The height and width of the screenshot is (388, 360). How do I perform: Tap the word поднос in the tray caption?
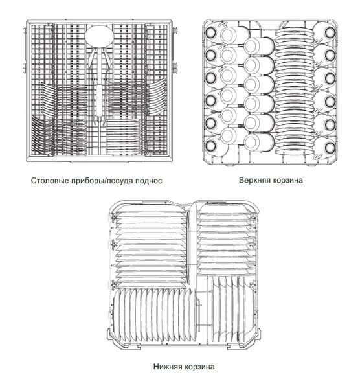point(149,181)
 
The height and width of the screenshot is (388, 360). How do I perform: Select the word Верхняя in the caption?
point(253,180)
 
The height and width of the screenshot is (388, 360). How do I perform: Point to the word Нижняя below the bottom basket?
point(167,366)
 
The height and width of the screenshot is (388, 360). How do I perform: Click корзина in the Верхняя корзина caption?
point(286,180)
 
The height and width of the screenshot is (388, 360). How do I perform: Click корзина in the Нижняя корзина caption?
point(199,367)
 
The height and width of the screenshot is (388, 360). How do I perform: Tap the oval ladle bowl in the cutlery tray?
point(99,37)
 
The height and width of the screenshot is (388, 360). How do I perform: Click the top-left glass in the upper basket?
point(210,32)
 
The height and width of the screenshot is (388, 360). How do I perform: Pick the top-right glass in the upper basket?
point(330,32)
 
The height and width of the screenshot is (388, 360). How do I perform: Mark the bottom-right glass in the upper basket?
point(330,148)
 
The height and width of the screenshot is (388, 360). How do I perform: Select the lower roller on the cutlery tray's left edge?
point(24,68)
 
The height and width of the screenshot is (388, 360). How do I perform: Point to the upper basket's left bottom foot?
point(231,165)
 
